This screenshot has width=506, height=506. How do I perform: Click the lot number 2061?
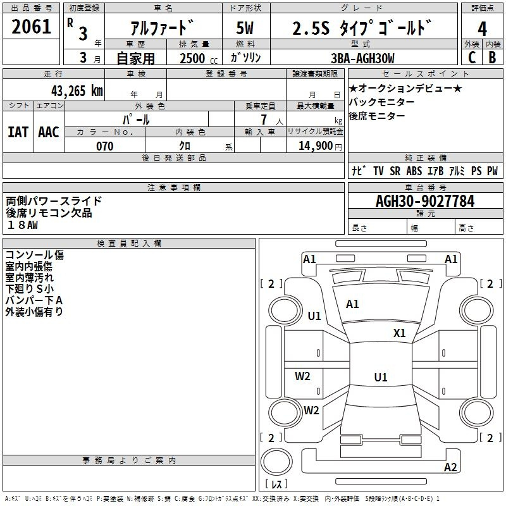[31, 27]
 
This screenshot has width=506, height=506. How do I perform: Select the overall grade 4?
[482, 28]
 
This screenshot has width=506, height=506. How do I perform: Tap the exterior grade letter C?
[472, 58]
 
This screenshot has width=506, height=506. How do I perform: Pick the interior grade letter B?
[493, 58]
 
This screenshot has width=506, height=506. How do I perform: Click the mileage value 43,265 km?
[77, 90]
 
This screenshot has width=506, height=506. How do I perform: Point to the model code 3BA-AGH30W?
[362, 58]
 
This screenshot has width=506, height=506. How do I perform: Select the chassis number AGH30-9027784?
[425, 201]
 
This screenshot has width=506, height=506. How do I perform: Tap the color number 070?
[105, 146]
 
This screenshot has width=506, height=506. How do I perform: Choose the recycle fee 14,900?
[316, 146]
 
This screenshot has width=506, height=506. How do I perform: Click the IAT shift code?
[18, 132]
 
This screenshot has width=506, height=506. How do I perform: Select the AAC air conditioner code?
[49, 132]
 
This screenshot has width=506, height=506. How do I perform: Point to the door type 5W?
[245, 28]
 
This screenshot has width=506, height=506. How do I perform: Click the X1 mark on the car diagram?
[400, 333]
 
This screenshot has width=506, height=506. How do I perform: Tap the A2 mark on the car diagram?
[450, 467]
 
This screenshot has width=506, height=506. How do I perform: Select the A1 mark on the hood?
[352, 304]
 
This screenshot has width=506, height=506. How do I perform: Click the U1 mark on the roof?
[381, 377]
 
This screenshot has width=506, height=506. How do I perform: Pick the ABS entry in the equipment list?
[414, 171]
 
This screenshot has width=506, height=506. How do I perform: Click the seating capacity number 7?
[264, 120]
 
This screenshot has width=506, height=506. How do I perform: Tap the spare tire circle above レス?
[276, 461]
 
